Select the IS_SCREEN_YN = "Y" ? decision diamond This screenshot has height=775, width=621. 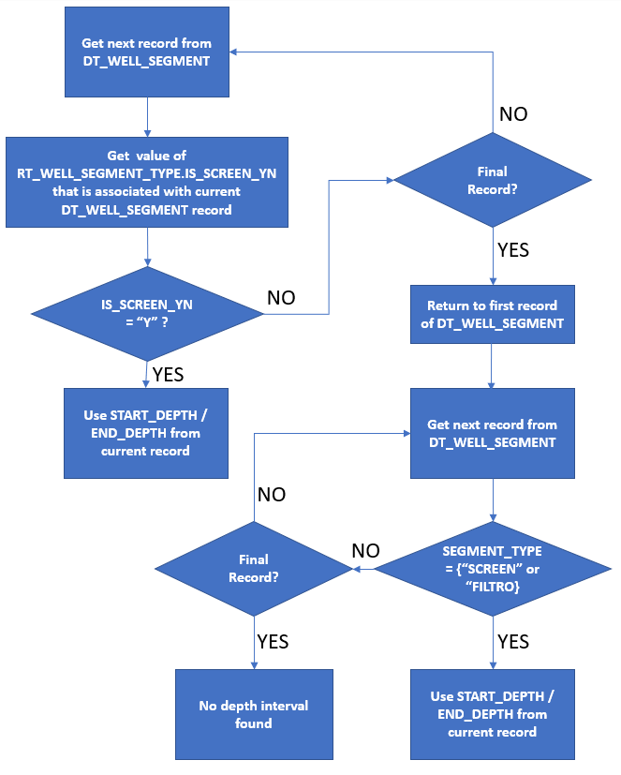tap(147, 312)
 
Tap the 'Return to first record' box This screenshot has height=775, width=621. tap(492, 315)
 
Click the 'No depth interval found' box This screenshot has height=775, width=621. tap(254, 713)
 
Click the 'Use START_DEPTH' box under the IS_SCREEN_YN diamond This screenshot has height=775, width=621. tap(146, 433)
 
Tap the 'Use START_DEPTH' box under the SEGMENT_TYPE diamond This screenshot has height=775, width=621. tap(492, 713)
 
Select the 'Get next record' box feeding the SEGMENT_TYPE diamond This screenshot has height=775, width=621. tap(492, 433)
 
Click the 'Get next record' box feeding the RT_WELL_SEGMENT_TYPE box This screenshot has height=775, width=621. tap(146, 52)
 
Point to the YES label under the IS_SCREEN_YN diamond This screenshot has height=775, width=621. tap(168, 375)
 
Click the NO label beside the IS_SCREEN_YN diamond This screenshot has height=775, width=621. tap(281, 298)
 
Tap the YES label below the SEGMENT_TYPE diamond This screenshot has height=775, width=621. tap(513, 642)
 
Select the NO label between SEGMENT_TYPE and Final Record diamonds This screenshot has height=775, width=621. tap(365, 550)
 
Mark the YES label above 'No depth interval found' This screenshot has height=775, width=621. tap(273, 642)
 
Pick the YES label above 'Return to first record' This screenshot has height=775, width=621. tap(513, 250)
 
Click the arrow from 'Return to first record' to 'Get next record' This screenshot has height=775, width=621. tap(492, 365)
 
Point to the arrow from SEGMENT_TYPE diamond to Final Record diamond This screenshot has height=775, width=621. tap(363, 569)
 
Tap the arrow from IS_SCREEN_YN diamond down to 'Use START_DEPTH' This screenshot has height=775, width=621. tap(147, 373)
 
